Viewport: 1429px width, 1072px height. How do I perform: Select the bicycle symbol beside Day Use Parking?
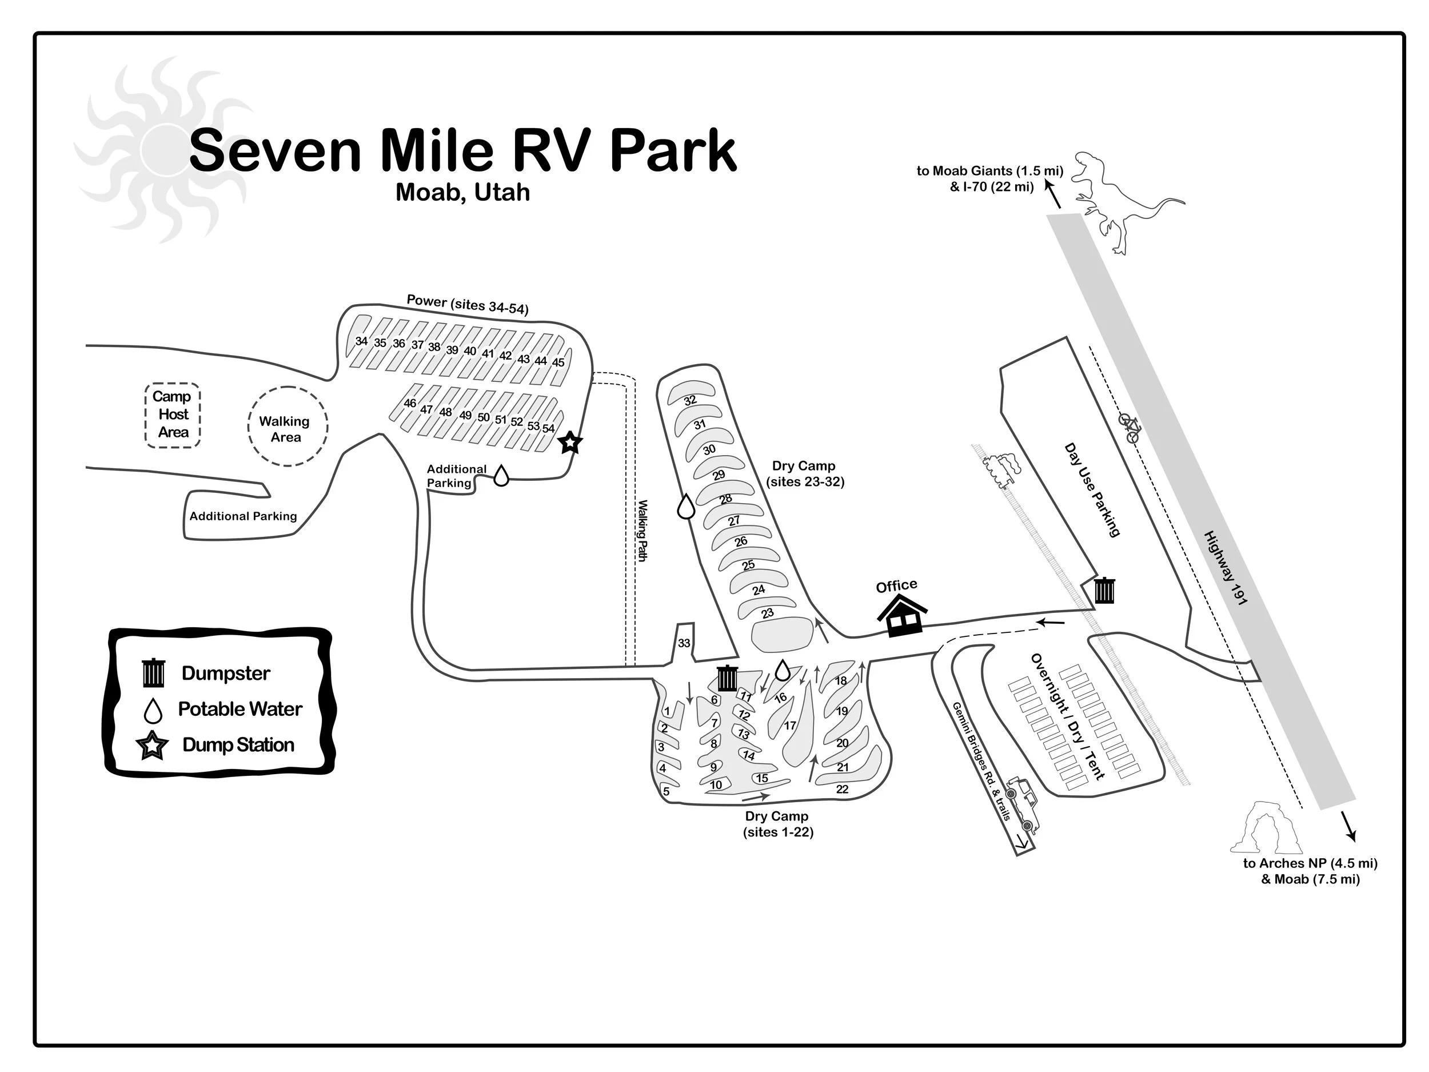1130,428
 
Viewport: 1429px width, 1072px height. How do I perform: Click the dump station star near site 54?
570,443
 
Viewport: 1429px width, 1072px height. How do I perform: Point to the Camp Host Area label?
173,414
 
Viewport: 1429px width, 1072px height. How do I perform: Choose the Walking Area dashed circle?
288,427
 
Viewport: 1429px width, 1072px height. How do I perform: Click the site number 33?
684,643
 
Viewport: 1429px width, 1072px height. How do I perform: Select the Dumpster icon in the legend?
154,673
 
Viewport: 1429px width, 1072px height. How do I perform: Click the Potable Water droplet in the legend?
153,711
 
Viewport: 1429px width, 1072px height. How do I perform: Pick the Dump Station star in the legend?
153,746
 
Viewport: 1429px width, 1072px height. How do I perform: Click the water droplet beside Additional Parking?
501,476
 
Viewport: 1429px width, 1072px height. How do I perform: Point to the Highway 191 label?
1225,568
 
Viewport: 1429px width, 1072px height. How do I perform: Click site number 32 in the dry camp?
690,400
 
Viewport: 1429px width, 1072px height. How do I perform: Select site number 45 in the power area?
557,362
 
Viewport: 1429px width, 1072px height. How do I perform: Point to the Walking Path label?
642,531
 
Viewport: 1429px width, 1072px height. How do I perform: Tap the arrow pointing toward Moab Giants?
1052,194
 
